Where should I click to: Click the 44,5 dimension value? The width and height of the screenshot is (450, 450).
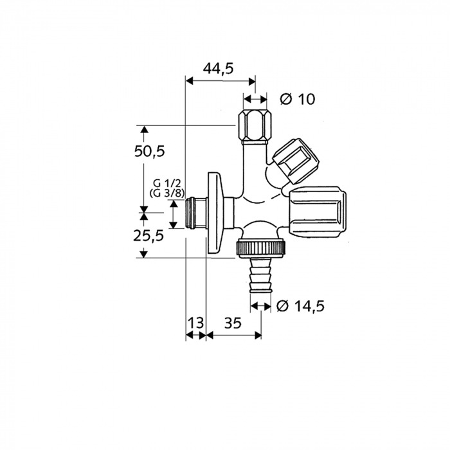point(218,69)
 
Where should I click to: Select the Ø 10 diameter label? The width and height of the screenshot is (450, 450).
point(298,99)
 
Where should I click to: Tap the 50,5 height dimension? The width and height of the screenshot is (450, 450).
point(149,152)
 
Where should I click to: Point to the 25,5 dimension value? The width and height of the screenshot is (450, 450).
point(149,235)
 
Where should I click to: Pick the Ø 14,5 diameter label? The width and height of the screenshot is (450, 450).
point(300,306)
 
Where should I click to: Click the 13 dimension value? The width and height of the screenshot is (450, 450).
point(195,323)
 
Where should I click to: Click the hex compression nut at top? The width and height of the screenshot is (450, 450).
point(255,125)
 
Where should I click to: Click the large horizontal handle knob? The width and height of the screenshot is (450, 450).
point(318,212)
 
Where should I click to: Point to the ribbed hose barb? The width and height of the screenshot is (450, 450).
point(260,277)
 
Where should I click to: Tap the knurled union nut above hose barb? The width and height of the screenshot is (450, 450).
point(262,247)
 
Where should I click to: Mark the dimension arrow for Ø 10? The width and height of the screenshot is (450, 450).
point(255,99)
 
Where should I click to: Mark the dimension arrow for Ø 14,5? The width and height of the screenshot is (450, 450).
point(260,306)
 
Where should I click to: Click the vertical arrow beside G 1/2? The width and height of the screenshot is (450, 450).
point(173,214)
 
